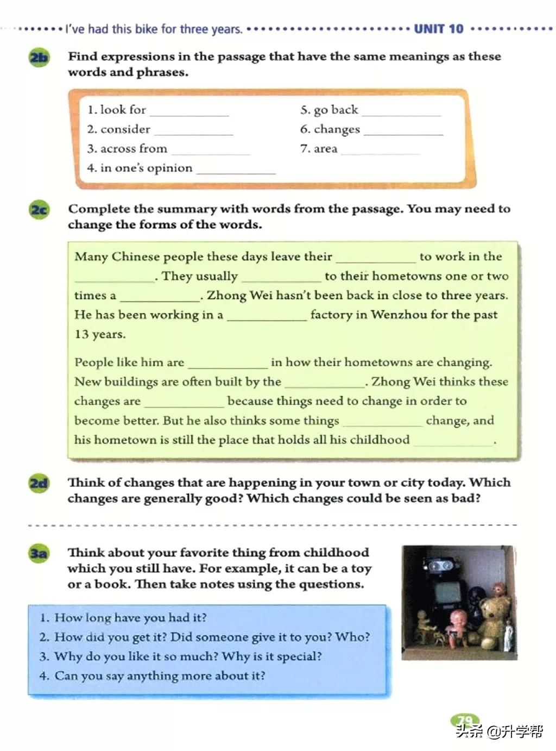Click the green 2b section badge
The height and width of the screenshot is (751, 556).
[x=39, y=57]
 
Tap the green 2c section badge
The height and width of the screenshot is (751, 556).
[x=39, y=210]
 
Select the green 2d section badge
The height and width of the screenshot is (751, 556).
[x=39, y=483]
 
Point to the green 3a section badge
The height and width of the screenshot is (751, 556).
[x=39, y=553]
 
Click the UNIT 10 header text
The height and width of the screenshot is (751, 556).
[x=439, y=29]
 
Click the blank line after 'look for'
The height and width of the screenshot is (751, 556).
[x=189, y=112]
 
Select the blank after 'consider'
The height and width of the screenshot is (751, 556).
[x=193, y=131]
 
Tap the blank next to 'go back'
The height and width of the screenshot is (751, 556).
[x=401, y=112]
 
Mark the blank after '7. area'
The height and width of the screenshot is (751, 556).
[x=381, y=151]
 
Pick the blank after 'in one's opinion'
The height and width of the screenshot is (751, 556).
[x=236, y=170]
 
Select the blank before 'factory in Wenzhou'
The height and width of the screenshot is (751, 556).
[x=267, y=317]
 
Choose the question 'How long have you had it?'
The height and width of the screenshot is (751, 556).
[x=130, y=618]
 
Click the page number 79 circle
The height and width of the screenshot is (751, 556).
[x=464, y=721]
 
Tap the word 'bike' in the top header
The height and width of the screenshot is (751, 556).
[x=146, y=29]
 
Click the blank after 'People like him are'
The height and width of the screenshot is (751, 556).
[x=228, y=364]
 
